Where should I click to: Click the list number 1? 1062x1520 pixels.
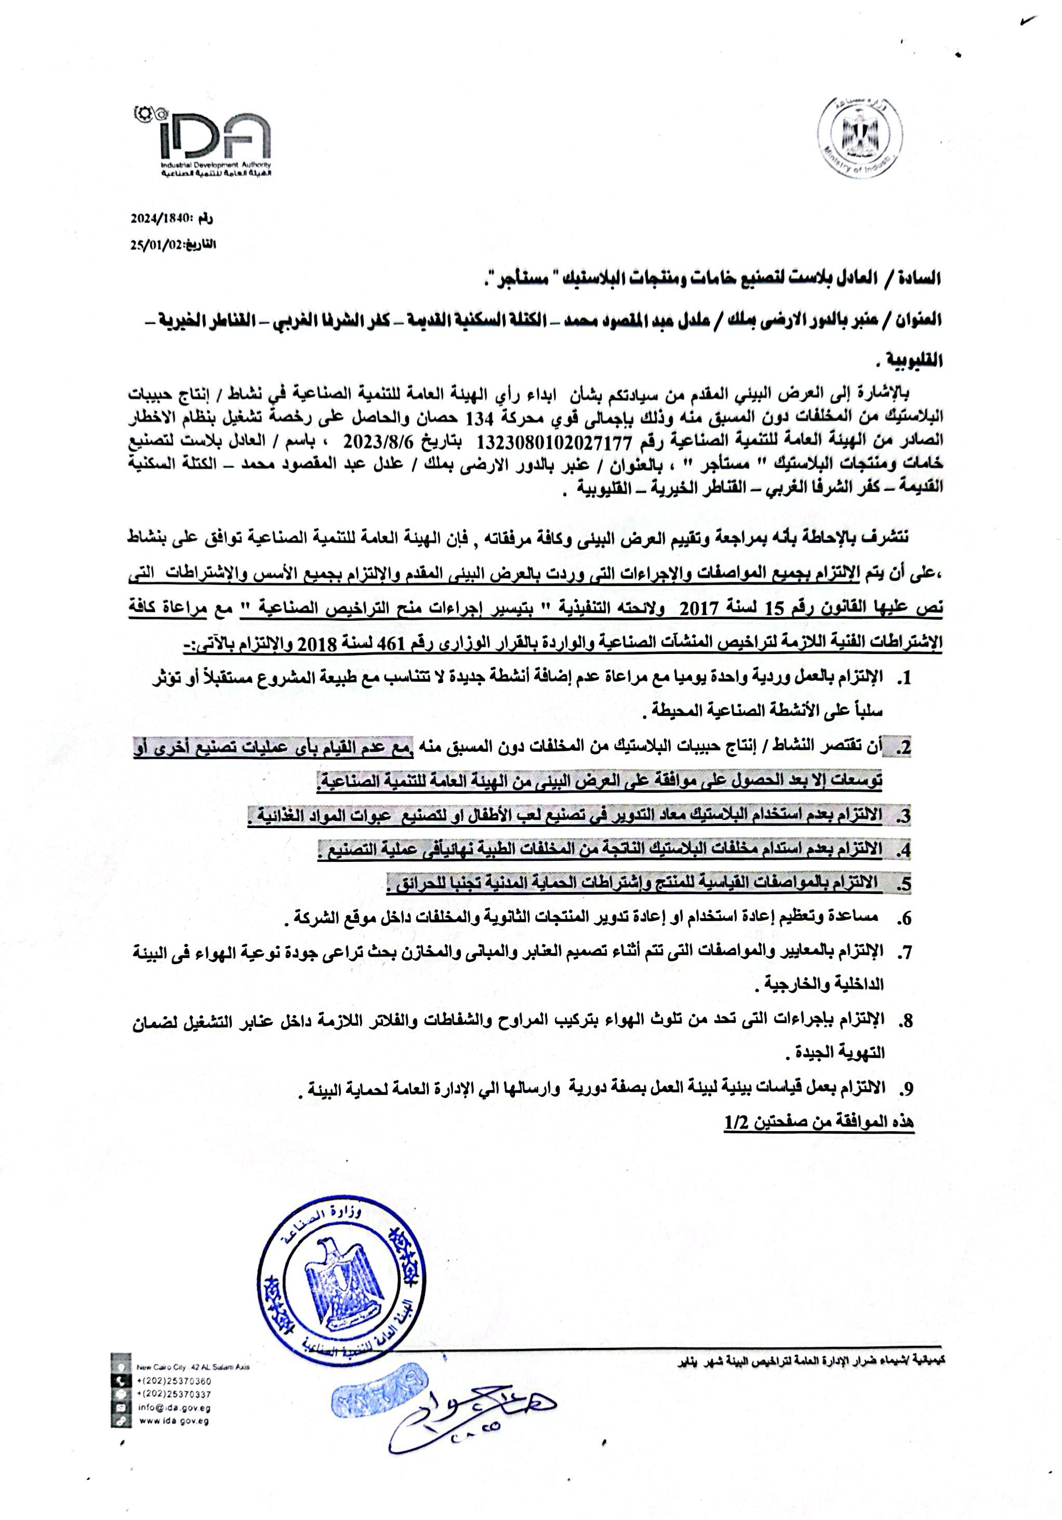(x=905, y=678)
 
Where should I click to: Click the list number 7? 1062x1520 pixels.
(x=905, y=953)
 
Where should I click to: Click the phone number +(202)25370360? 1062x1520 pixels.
(x=174, y=1382)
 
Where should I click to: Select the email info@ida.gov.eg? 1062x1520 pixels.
(x=174, y=1408)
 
